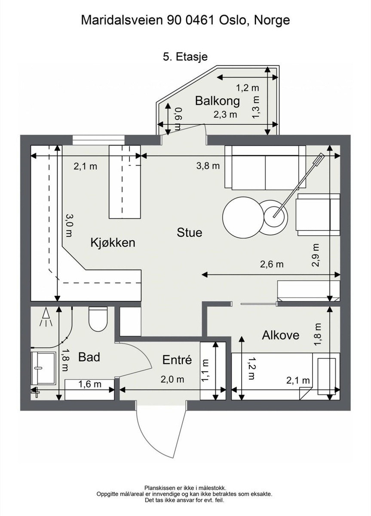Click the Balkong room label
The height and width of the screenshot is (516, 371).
tap(217, 101)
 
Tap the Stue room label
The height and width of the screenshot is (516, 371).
tap(189, 233)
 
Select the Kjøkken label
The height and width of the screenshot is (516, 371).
tap(113, 243)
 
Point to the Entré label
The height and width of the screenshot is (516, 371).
tap(177, 359)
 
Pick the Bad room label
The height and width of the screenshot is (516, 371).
tap(89, 357)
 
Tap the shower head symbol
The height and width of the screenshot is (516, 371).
tap(45, 317)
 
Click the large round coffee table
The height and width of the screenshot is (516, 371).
tap(242, 216)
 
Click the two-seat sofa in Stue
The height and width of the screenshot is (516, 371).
tap(265, 168)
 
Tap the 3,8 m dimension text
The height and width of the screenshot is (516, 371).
tap(208, 166)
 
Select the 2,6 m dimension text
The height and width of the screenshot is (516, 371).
tap(271, 264)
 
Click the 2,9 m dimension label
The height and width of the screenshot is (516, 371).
tap(316, 255)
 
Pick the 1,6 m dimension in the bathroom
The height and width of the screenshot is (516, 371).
tap(90, 384)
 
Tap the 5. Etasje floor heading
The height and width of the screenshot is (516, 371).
tap(185, 57)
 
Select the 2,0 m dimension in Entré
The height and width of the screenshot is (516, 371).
tap(172, 379)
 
